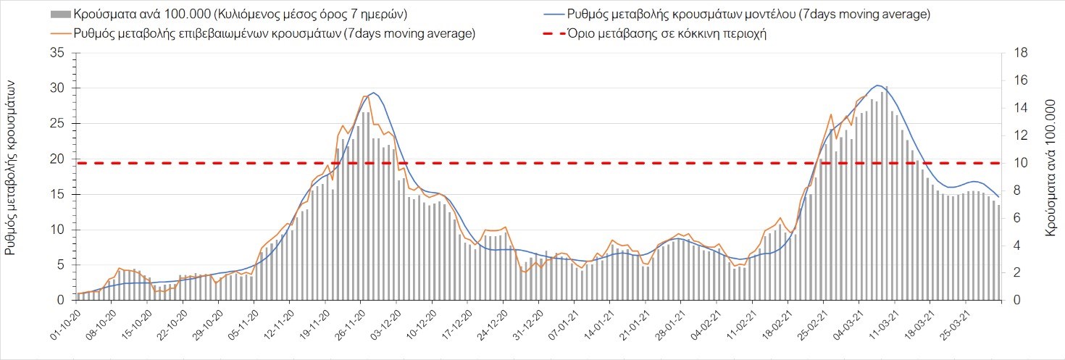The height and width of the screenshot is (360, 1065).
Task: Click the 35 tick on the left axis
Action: coord(57,54)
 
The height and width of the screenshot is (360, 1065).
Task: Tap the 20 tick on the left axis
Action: coord(57,159)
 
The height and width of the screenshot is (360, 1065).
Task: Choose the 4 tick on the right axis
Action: coord(1016,246)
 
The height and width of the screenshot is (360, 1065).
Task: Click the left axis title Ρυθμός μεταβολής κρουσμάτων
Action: coord(12,168)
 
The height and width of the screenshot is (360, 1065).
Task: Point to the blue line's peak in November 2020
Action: coord(373,93)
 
